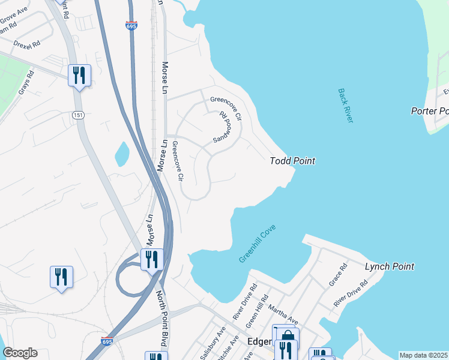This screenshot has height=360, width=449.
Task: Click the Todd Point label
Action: [x=292, y=161]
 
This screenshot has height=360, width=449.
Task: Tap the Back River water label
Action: [x=346, y=106]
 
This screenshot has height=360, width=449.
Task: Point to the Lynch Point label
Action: [x=390, y=266]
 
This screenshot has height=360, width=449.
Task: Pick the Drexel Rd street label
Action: [x=26, y=44]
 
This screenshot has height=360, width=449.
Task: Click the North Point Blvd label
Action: [x=161, y=319]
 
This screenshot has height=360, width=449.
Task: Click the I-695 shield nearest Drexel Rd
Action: [x=131, y=26]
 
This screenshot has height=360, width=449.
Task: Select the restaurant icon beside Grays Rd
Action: [x=79, y=75]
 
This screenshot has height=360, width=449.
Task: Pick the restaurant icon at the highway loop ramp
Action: [x=152, y=259]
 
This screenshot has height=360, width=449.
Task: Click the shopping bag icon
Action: [x=287, y=336]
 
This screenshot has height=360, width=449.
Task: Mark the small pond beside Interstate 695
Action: [x=122, y=154]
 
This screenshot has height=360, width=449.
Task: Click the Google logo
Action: [x=20, y=353]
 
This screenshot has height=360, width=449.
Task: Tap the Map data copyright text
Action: [x=424, y=355]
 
